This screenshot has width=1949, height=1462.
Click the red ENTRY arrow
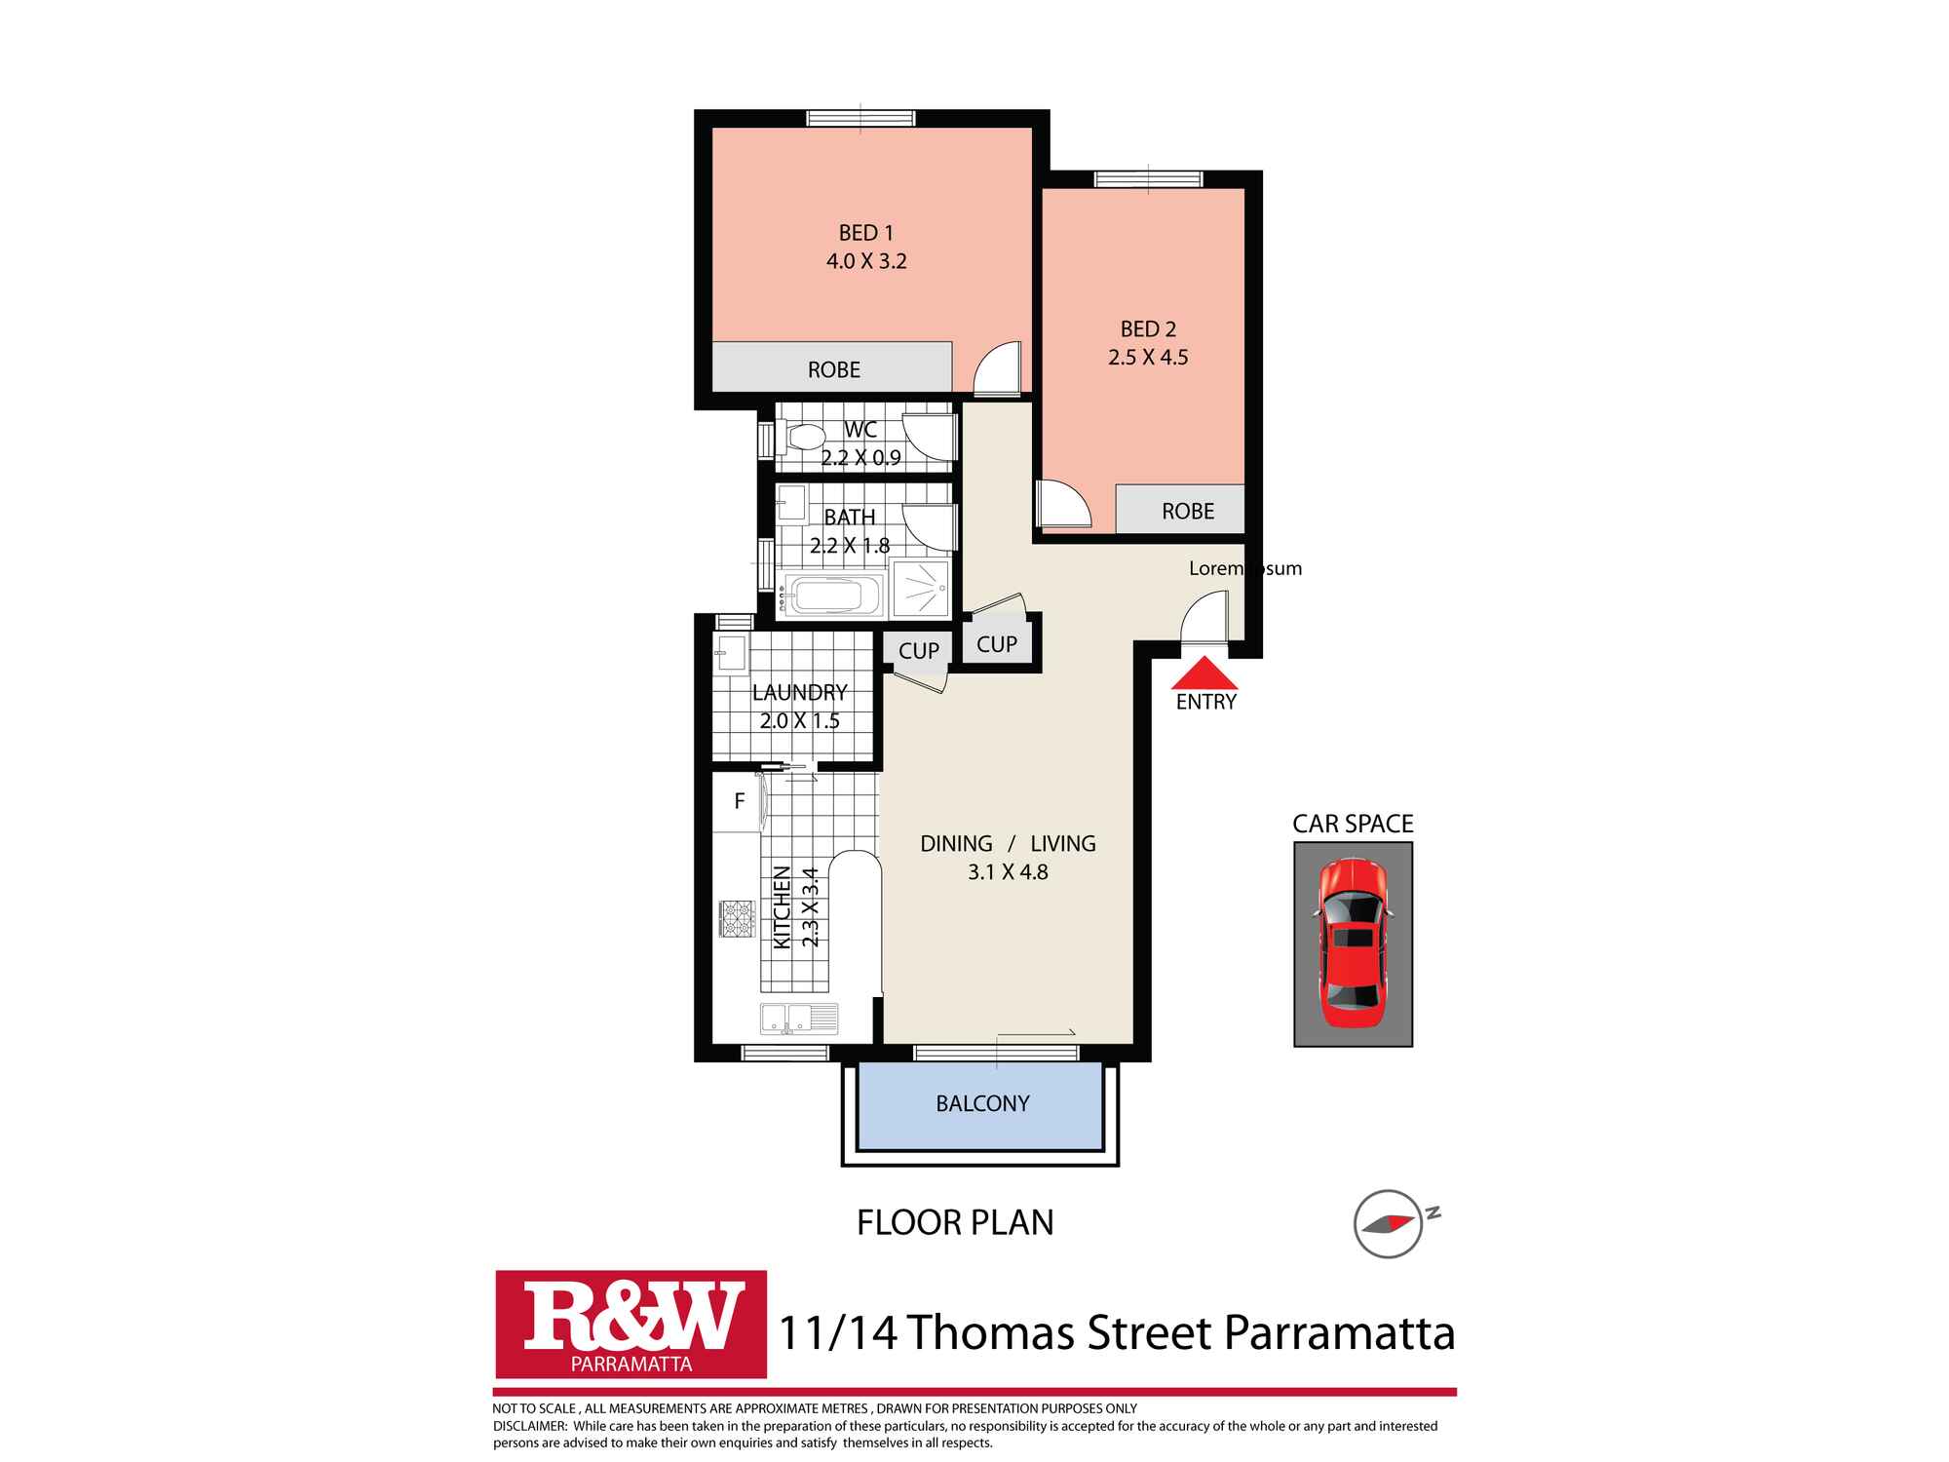click(1205, 673)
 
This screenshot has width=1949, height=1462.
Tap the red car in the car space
click(1351, 943)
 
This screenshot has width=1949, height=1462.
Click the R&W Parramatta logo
click(631, 1324)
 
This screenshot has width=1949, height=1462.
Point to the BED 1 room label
click(866, 233)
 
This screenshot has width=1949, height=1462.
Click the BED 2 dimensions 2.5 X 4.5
click(1148, 358)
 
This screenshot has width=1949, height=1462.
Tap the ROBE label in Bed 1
click(834, 370)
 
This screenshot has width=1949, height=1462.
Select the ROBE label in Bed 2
click(1188, 512)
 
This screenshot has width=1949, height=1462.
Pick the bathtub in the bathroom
click(835, 595)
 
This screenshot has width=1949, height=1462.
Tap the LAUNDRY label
click(799, 693)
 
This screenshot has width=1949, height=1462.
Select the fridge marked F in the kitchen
click(739, 802)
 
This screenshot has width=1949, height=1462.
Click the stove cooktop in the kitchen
click(737, 918)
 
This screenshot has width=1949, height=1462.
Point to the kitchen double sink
click(799, 1018)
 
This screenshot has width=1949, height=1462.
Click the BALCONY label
click(982, 1103)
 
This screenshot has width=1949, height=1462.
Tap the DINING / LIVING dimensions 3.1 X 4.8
click(1008, 872)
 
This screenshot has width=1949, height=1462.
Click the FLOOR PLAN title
click(955, 1222)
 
